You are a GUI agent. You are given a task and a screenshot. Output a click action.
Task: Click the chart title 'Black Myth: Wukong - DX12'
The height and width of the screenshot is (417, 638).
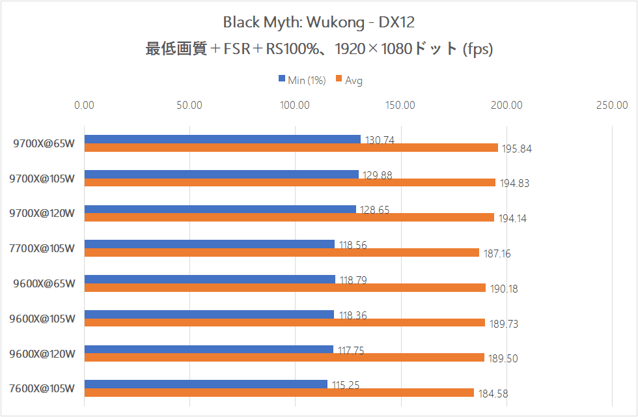318,22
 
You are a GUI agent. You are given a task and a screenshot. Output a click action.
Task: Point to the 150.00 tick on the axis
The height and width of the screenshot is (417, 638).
401,105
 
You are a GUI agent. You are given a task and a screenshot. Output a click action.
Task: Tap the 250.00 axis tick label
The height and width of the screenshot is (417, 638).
612,105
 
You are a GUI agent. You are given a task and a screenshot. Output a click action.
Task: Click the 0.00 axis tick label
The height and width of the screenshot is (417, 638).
84,105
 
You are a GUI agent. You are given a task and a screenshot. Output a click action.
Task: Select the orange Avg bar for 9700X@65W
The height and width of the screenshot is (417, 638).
291,148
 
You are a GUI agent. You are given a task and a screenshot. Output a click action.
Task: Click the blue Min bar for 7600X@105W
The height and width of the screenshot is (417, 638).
206,384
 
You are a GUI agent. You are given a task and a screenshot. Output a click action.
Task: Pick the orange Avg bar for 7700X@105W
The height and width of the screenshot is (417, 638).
281,253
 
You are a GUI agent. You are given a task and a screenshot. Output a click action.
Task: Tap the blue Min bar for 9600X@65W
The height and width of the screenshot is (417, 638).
210,279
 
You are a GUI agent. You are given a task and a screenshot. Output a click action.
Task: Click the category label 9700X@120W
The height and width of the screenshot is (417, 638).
43,213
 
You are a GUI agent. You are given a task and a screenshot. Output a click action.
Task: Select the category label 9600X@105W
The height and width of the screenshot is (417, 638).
43,319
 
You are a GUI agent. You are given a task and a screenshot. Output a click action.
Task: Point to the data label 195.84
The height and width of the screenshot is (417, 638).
516,149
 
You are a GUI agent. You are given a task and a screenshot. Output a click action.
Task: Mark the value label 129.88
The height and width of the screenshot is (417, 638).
376,175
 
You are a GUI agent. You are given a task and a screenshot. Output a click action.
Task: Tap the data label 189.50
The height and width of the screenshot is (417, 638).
503,358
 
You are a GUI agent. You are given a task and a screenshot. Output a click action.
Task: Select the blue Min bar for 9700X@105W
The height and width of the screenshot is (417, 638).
221,174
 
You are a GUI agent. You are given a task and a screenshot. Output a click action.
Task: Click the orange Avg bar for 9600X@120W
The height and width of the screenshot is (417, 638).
284,358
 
